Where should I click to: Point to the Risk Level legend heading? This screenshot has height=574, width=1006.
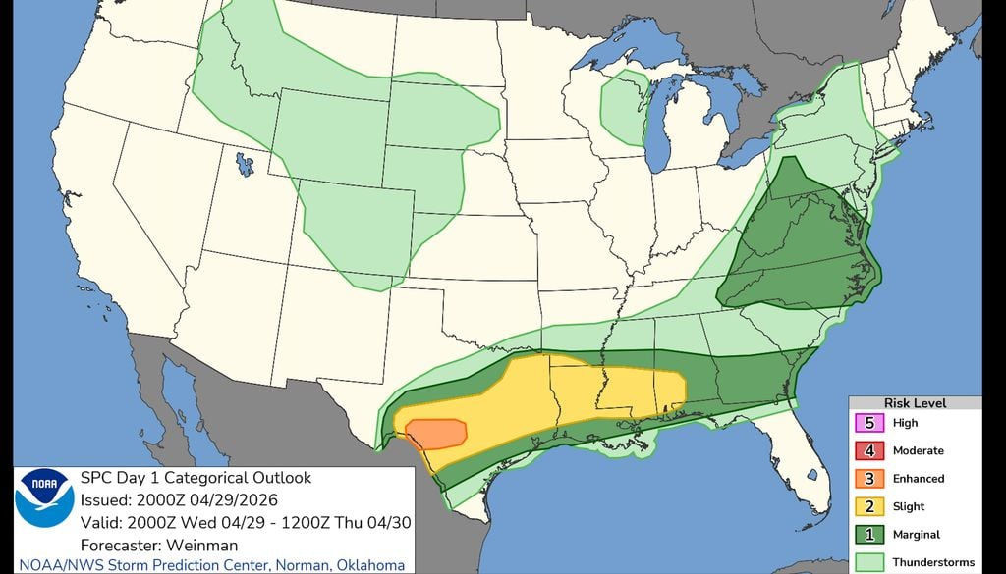(x=916, y=403)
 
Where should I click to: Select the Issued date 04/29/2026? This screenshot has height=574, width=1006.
(x=221, y=498)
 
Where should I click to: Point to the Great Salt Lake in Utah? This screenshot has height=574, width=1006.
(x=244, y=162)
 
